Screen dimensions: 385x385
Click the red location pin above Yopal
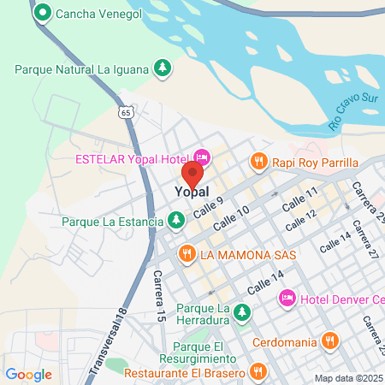(192, 173)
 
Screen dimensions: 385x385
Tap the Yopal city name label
(193, 194)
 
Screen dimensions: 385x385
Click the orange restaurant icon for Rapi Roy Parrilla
(258, 160)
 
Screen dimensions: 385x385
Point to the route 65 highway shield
(126, 112)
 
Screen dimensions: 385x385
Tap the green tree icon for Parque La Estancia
(176, 221)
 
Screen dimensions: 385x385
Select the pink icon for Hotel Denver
(287, 297)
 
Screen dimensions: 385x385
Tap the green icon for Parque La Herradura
(242, 312)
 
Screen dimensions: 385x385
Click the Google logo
(28, 374)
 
